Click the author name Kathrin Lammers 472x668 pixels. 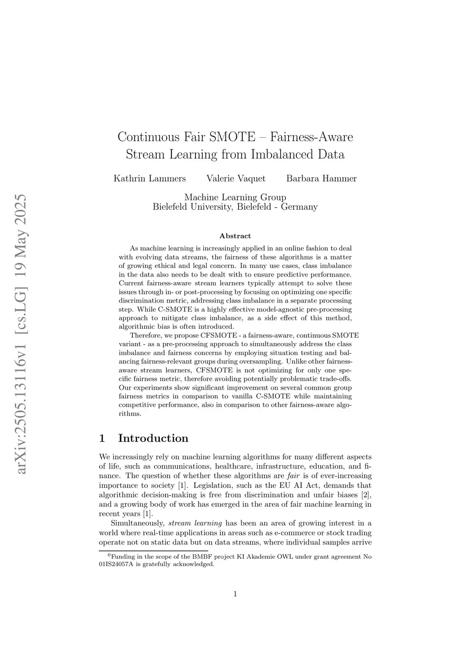tap(150, 178)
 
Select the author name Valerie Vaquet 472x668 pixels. tap(236, 178)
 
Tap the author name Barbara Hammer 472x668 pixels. tap(321, 178)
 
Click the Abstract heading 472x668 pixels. tap(235, 236)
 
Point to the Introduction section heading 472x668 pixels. tap(153, 438)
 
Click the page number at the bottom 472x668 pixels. tap(235, 594)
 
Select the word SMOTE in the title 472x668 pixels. tap(232, 137)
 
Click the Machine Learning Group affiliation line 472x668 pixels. tap(235, 197)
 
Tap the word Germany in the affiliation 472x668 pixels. tap(299, 207)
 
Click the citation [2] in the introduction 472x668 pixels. tap(366, 495)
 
